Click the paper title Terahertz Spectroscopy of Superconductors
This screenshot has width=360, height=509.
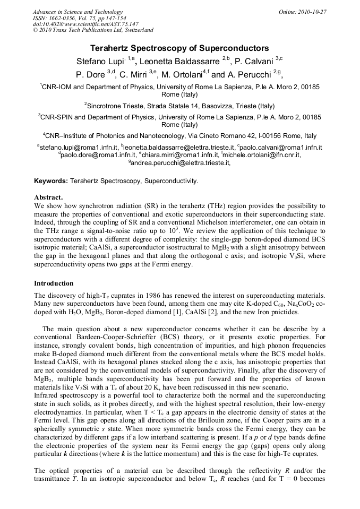point(179,48)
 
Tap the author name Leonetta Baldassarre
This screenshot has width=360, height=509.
point(179,62)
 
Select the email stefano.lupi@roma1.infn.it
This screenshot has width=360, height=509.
point(79,147)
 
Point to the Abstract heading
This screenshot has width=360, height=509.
point(48,197)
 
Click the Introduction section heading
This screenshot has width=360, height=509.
point(54,283)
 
